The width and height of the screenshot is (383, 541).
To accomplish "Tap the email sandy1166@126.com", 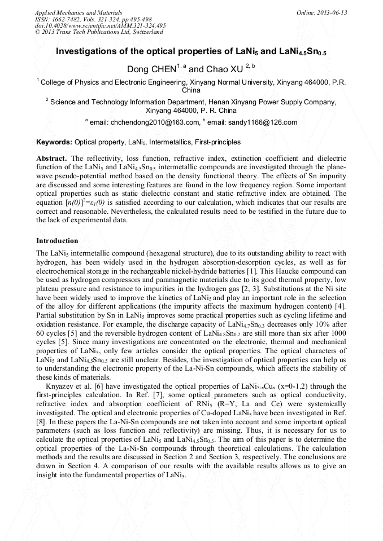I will (x=264, y=122).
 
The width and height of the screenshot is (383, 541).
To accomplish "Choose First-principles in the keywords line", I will (x=218, y=142).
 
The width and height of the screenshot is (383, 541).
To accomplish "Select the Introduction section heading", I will (x=57, y=241).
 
